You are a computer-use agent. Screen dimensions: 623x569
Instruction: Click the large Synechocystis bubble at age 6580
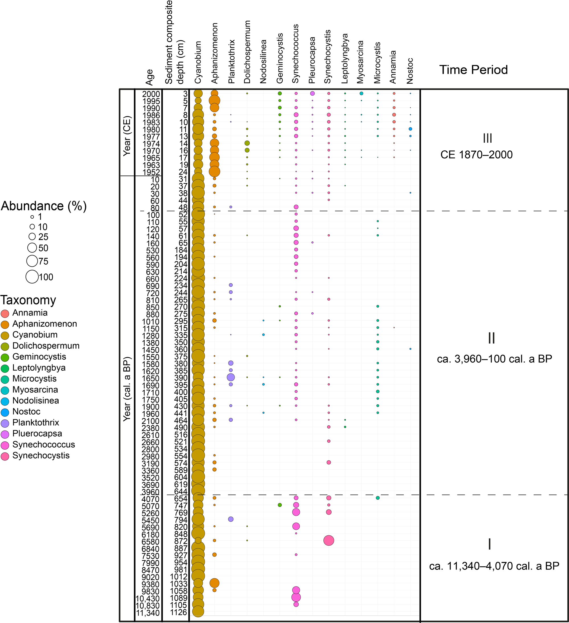coord(329,540)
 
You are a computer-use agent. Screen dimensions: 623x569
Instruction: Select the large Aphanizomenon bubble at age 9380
coord(214,583)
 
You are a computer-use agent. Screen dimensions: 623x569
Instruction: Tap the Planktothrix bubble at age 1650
coord(231,377)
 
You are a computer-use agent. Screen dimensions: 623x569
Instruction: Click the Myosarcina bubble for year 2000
coord(361,93)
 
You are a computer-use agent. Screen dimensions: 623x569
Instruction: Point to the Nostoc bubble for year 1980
coord(410,129)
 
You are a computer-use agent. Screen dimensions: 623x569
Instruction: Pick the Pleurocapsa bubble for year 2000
coord(312,93)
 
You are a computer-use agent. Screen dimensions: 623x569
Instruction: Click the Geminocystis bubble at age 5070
coord(280,505)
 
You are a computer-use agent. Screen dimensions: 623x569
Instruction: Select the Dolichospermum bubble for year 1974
coord(247,143)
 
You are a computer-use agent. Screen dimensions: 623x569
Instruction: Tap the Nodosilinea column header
coord(263,62)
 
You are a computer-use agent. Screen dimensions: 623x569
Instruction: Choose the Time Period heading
coord(473,70)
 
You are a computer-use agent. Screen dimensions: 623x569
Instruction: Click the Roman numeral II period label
coord(492,338)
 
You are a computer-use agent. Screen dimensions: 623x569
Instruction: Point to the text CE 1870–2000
coord(476,155)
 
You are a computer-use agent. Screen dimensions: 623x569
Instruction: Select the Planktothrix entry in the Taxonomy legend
coord(36,423)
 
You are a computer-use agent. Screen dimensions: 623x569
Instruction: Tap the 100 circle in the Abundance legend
coord(32,276)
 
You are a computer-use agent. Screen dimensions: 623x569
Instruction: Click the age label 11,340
coord(148,613)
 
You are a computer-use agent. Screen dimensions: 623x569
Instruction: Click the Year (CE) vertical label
coord(127,136)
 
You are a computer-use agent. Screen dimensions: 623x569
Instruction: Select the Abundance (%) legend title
coord(44,206)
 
